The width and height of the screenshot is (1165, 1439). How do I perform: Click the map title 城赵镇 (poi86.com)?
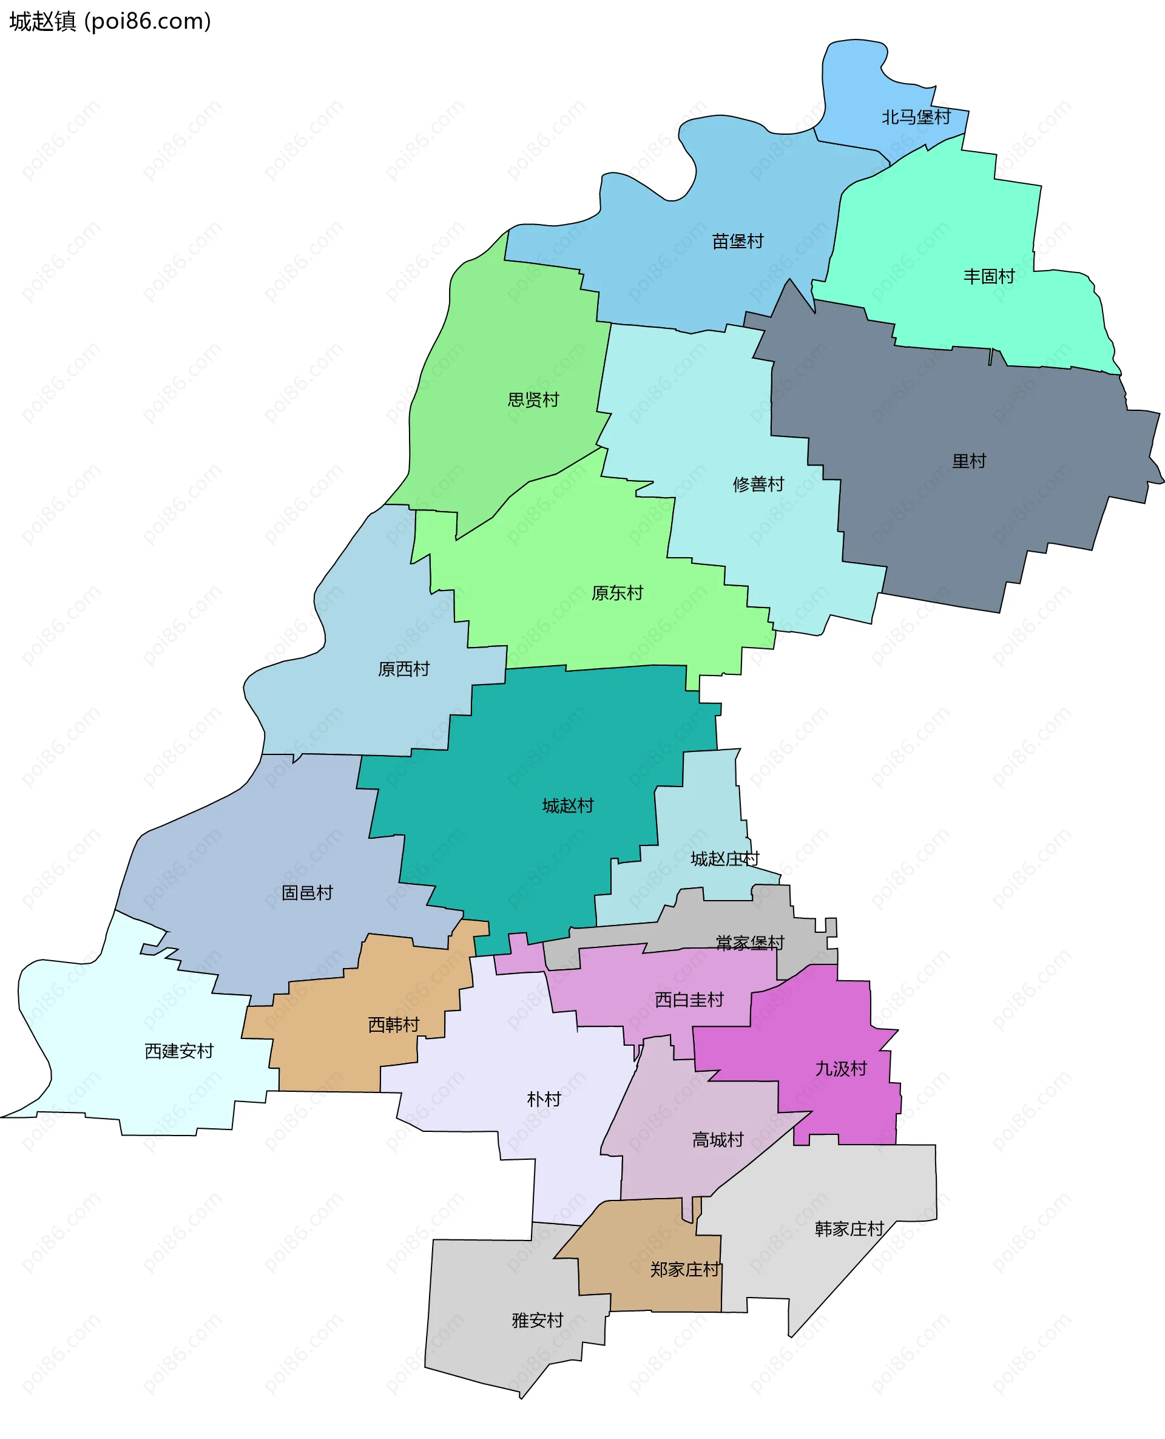[110, 21]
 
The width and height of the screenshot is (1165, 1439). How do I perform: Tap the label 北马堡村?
[916, 118]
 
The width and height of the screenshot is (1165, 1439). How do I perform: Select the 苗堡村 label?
[737, 241]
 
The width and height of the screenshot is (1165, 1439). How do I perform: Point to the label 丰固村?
[988, 276]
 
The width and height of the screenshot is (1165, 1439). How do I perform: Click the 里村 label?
[968, 461]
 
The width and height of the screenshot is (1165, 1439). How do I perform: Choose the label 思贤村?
[533, 400]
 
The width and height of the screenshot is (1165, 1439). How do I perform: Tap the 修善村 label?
[758, 484]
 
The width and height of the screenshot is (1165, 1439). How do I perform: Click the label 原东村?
[616, 592]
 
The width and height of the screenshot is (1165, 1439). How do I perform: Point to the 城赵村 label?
[568, 805]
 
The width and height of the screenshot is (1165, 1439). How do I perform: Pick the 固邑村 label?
[306, 893]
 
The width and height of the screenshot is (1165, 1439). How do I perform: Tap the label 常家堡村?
[749, 943]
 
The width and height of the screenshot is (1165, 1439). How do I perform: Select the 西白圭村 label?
[689, 1000]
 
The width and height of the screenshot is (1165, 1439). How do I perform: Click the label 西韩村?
[393, 1024]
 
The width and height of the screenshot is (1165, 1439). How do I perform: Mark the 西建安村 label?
[178, 1051]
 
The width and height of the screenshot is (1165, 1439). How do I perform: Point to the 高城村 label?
[717, 1139]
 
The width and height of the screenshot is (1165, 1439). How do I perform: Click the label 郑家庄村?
[684, 1269]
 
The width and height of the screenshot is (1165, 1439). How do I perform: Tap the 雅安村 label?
[537, 1320]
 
